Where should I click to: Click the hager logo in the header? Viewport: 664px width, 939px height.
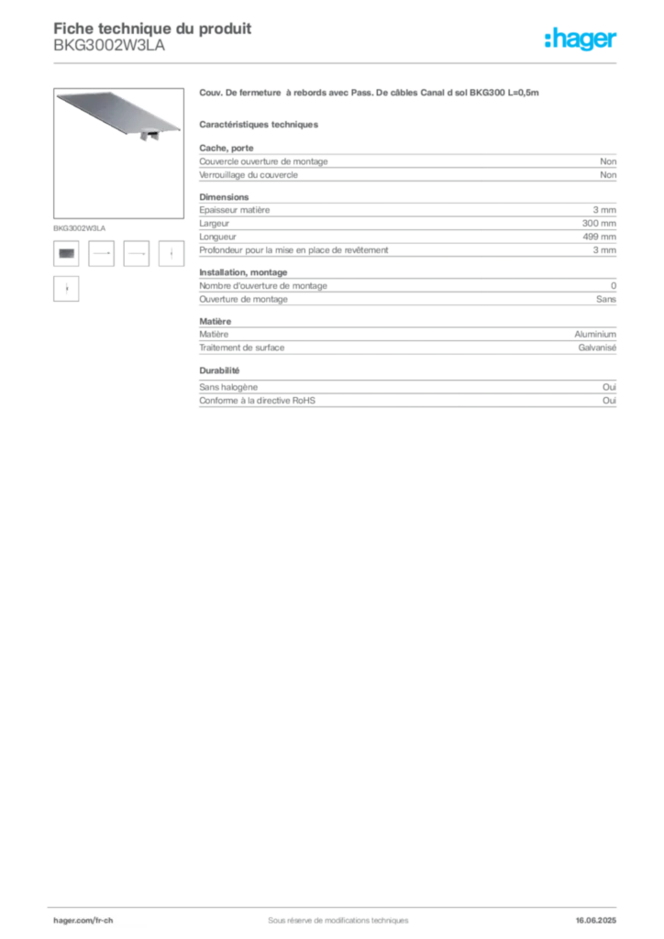point(581,39)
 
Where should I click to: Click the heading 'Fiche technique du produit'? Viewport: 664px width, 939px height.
point(152,28)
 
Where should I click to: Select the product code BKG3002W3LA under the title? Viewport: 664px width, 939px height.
point(109,46)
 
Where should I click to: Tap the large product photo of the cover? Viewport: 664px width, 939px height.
point(118,153)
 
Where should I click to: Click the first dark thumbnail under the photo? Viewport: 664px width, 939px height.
point(66,253)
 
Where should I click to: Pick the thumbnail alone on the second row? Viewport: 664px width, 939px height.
point(66,289)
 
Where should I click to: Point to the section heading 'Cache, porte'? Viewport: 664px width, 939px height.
point(227,148)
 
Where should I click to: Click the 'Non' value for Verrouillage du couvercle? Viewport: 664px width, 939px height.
point(608,175)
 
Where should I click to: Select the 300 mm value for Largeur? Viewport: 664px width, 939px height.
point(599,224)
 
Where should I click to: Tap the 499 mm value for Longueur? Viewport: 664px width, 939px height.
point(599,237)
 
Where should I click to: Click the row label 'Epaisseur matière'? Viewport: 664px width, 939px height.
point(234,210)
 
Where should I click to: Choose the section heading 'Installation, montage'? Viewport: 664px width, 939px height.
point(243,272)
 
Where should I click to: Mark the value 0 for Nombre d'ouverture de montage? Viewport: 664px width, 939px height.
point(614,286)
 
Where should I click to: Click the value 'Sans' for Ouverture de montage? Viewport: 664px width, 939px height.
point(606,299)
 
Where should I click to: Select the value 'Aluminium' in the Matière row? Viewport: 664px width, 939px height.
point(595,334)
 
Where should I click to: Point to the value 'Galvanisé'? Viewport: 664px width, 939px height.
point(597,348)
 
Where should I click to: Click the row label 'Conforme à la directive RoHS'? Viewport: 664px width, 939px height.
point(257,401)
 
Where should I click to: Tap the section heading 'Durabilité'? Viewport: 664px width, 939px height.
point(219,370)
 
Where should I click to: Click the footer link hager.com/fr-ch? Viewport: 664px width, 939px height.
point(83,921)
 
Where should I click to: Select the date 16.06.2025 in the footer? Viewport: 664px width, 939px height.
point(596,921)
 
